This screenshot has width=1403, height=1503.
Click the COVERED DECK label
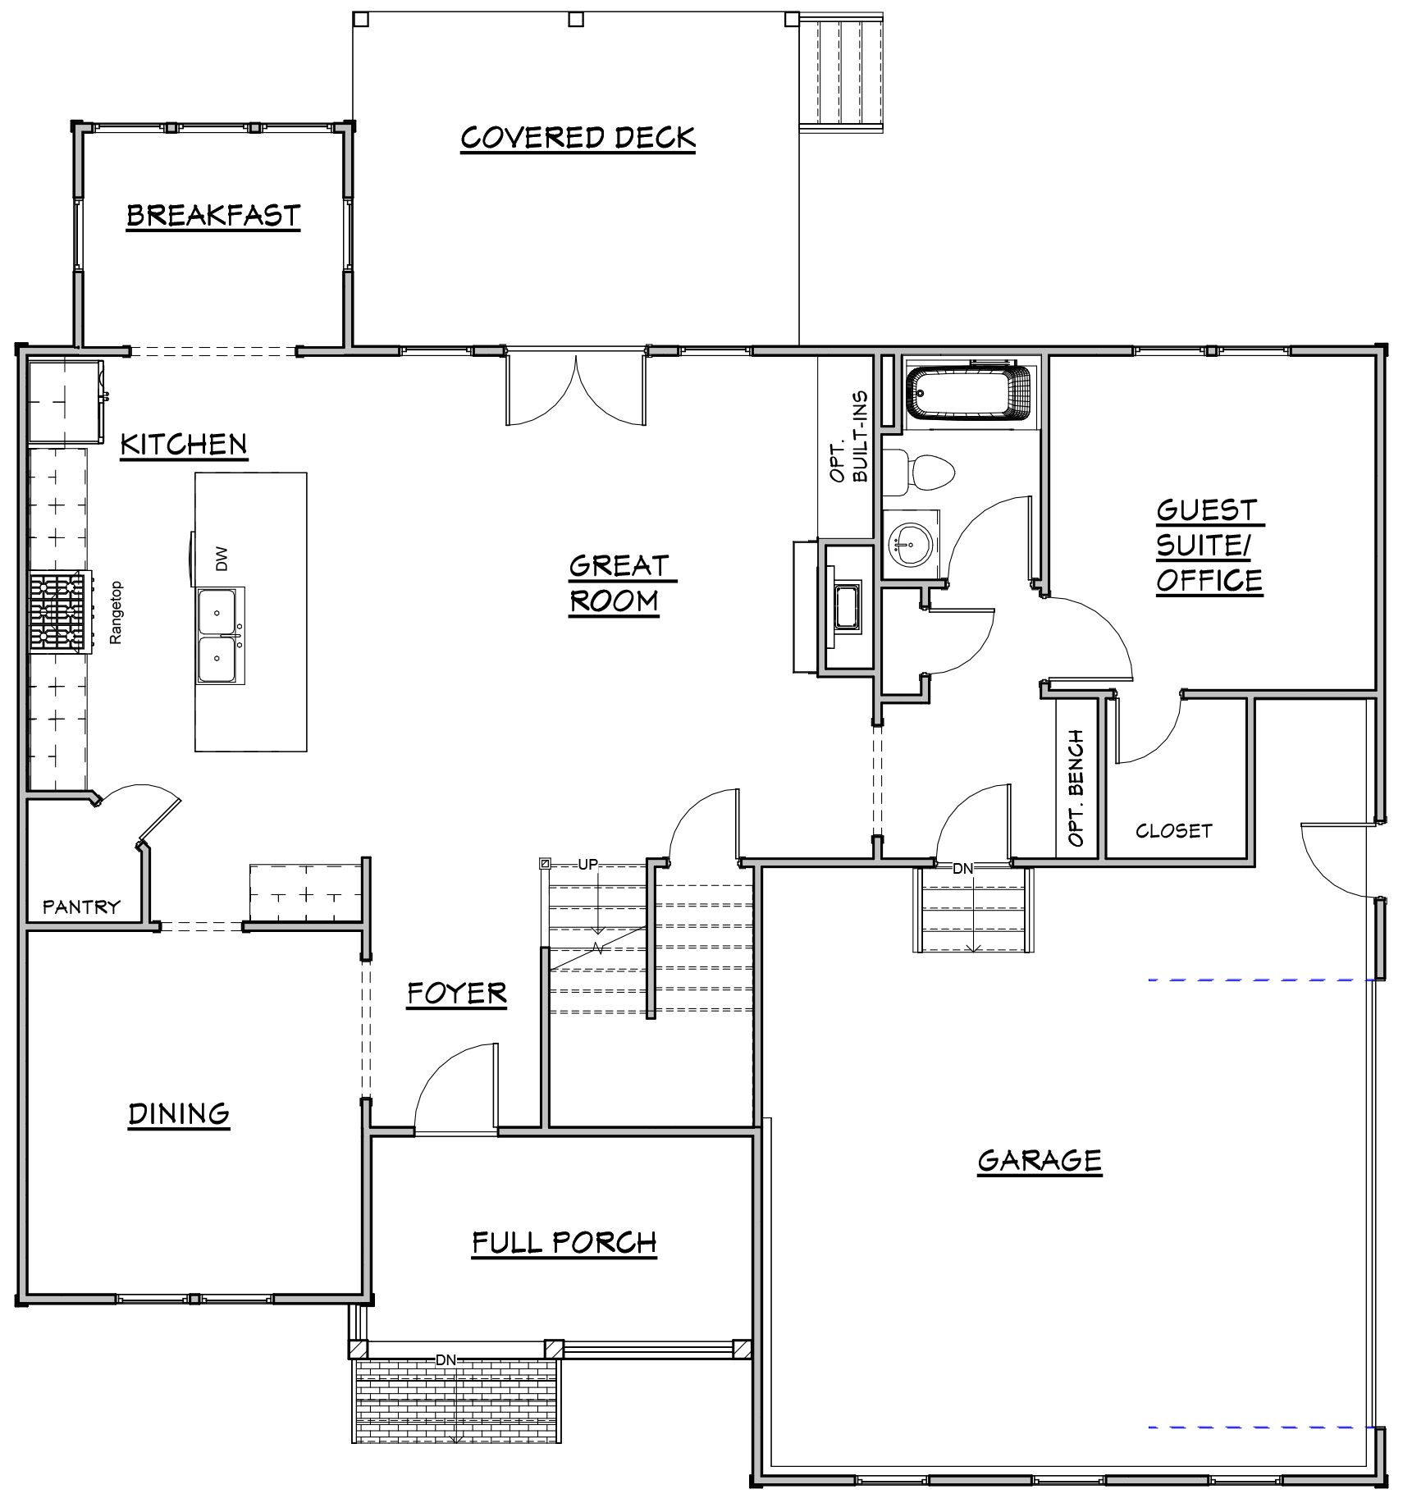(578, 138)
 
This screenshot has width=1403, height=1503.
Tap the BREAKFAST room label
(213, 216)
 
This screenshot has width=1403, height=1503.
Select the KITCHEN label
(184, 445)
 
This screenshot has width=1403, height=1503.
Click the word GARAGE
(1040, 1161)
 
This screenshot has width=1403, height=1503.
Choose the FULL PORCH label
(564, 1243)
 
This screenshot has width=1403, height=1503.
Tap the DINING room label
(179, 1114)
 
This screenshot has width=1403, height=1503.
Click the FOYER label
(457, 994)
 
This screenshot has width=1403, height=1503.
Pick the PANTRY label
(81, 907)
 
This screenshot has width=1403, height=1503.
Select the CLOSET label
(1173, 830)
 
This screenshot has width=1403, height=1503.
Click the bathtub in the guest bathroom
(968, 393)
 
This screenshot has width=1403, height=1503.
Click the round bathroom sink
(911, 542)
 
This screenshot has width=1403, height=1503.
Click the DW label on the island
(222, 560)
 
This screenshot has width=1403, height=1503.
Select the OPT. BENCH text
(1076, 788)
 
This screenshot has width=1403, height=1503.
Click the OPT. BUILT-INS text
(848, 436)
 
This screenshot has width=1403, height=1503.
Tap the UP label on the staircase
(588, 864)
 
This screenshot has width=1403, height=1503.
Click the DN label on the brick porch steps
(446, 1359)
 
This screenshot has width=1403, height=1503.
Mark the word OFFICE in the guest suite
(1209, 581)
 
